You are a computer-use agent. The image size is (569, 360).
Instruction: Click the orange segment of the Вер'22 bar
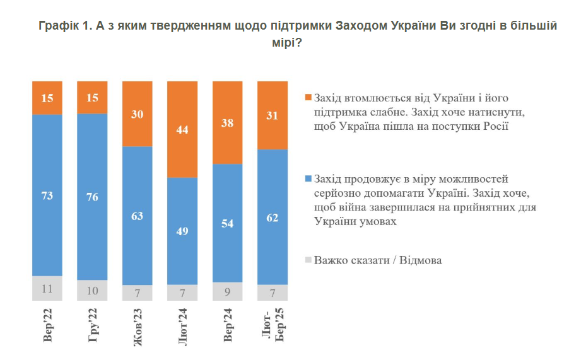pos(47,98)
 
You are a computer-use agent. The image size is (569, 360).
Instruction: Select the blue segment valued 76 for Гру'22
pos(92,196)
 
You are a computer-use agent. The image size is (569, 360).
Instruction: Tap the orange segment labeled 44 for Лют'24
pos(182,129)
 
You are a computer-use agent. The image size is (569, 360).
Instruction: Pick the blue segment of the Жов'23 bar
pos(138,216)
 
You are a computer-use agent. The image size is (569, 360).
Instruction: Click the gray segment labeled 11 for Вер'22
pos(47,289)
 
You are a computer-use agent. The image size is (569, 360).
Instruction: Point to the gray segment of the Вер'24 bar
pos(228,292)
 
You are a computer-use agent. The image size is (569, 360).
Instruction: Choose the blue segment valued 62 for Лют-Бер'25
pos(273,217)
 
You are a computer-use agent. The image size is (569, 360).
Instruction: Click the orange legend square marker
pos(308,98)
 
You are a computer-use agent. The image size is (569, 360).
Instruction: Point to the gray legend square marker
pos(308,260)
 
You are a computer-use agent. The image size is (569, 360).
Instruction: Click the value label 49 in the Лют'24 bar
pos(182,231)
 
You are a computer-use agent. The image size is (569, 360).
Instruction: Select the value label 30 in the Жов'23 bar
pos(138,114)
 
